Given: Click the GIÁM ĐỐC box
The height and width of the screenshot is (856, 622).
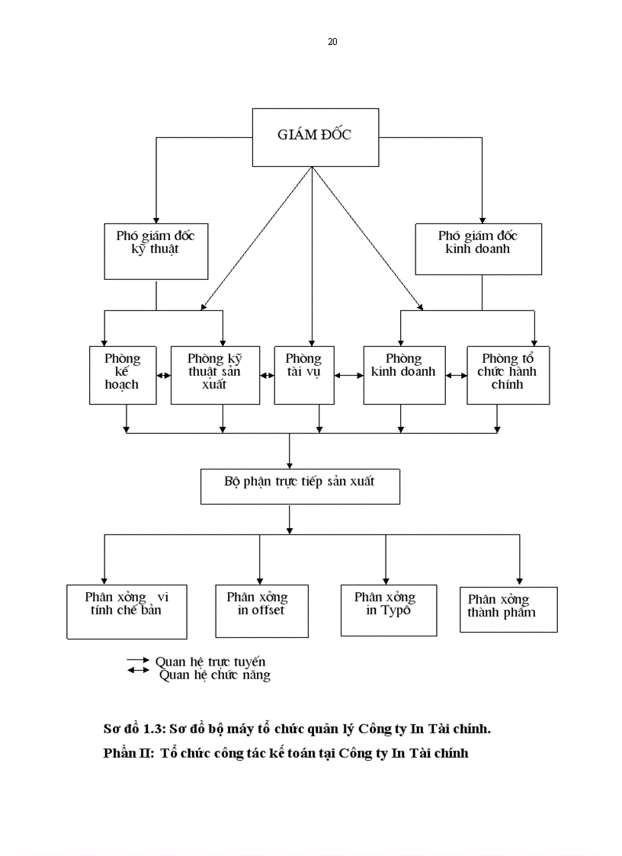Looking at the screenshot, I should (315, 136).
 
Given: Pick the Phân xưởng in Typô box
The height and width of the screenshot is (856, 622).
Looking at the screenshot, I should (389, 610).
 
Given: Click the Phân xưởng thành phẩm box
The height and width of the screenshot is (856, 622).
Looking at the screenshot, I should (508, 609).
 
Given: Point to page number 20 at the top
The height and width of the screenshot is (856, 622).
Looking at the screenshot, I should (332, 42).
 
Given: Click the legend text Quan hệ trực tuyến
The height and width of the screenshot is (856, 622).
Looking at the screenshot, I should (210, 662).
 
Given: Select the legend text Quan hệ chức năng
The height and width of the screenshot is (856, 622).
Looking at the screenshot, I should (215, 675).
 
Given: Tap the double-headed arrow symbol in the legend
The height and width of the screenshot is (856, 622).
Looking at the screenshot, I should (138, 671).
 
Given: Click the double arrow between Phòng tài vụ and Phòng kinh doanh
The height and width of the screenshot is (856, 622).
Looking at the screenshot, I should (348, 375).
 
